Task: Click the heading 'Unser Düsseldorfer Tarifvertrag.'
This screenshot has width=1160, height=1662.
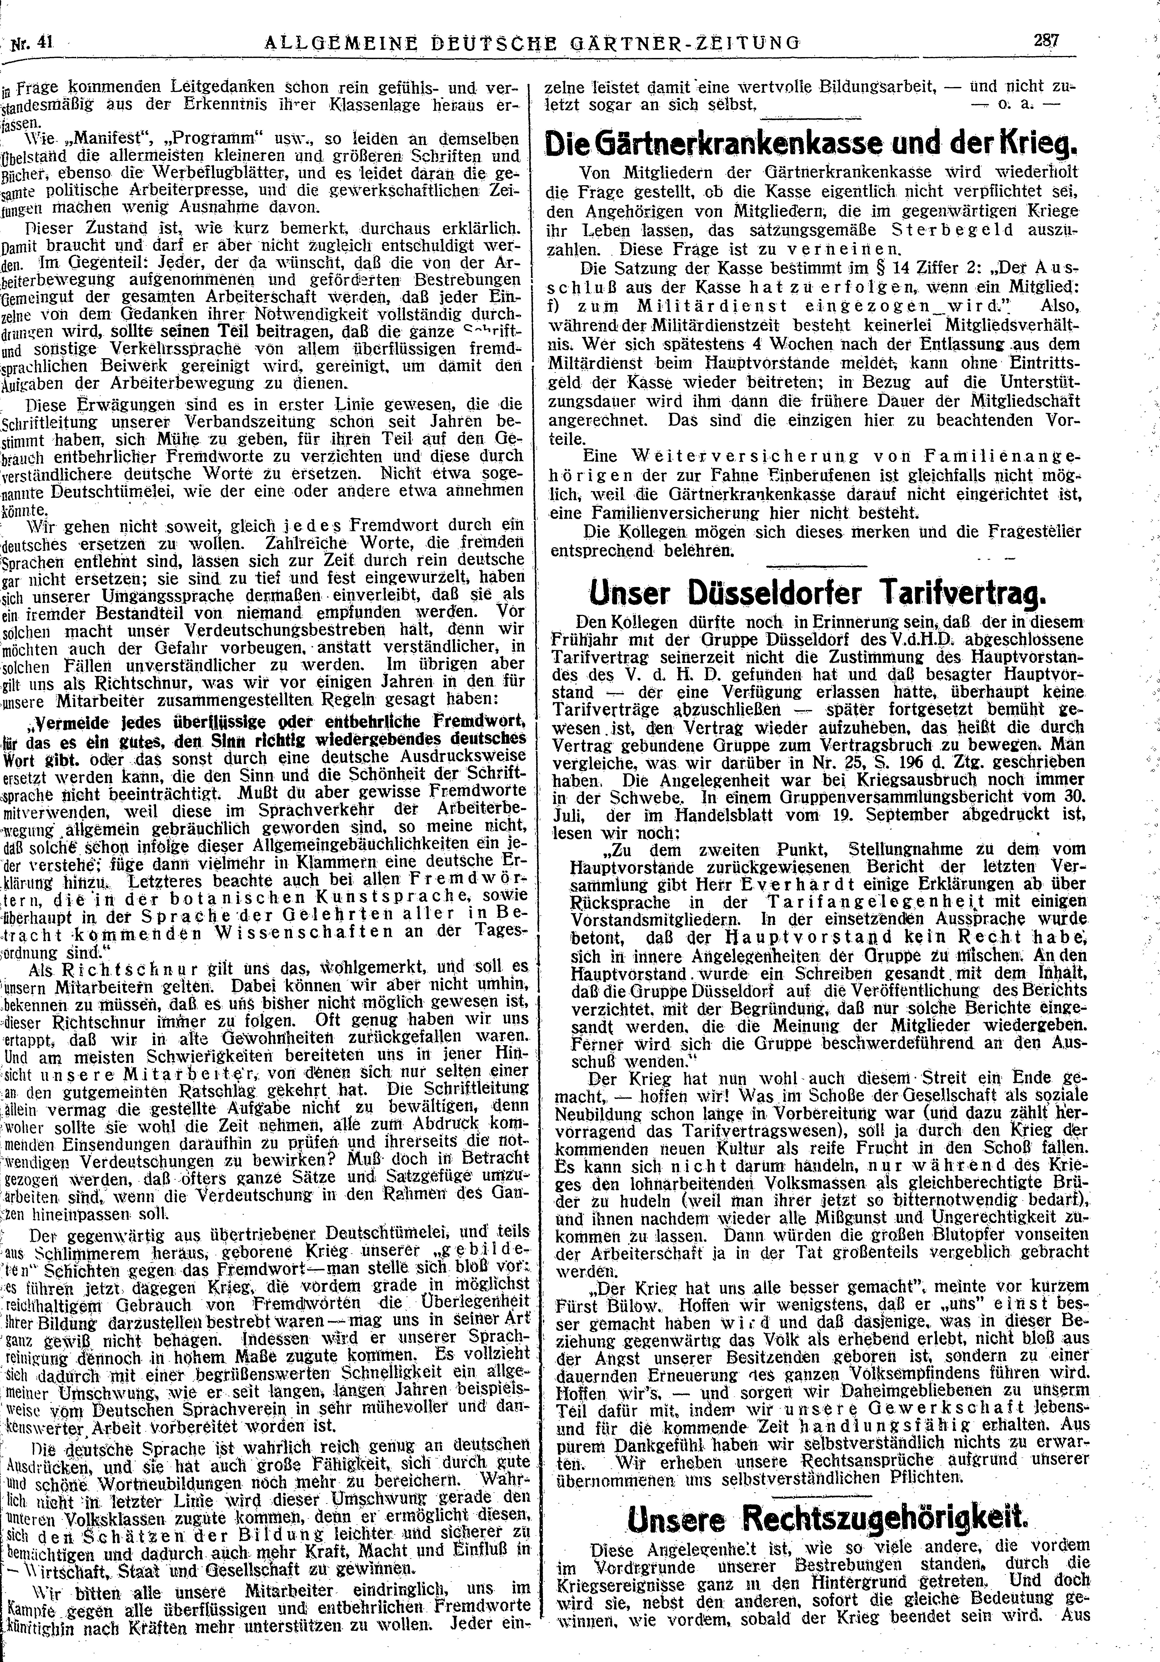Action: (813, 596)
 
